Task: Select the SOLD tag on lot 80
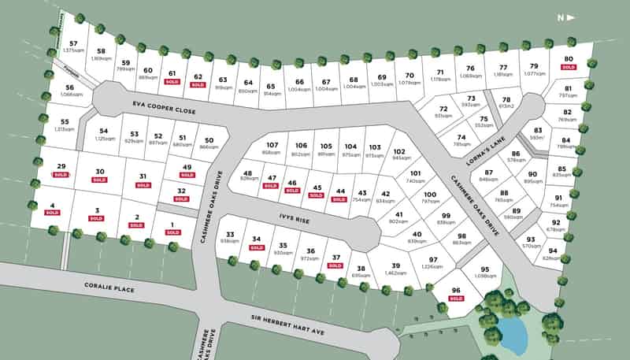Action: (x=568, y=68)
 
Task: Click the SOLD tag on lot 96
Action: (x=456, y=299)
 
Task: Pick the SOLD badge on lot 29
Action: (x=61, y=174)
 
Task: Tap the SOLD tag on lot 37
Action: (x=335, y=265)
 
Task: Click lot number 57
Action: (x=73, y=43)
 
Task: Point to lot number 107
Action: (x=272, y=145)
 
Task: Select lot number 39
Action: (x=396, y=265)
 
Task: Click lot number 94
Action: (x=553, y=251)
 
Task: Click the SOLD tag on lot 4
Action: (x=52, y=213)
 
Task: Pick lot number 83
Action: (x=538, y=131)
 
